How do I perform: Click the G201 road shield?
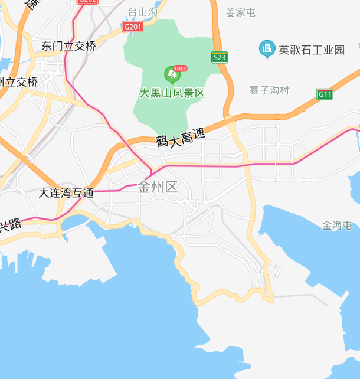[133, 27]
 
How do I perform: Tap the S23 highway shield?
[220, 57]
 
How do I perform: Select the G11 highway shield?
[325, 94]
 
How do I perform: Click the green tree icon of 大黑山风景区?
[172, 74]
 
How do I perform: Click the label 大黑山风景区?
[172, 93]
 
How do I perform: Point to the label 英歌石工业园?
[312, 50]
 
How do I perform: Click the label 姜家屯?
[241, 12]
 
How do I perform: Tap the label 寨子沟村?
[269, 90]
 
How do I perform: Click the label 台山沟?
[143, 12]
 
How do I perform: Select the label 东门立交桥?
[69, 45]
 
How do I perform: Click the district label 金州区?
[157, 188]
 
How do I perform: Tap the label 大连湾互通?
[66, 192]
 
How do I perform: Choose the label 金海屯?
[337, 225]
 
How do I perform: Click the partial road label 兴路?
[10, 224]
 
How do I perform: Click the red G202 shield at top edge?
[87, 2]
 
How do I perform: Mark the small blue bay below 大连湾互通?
[73, 223]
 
